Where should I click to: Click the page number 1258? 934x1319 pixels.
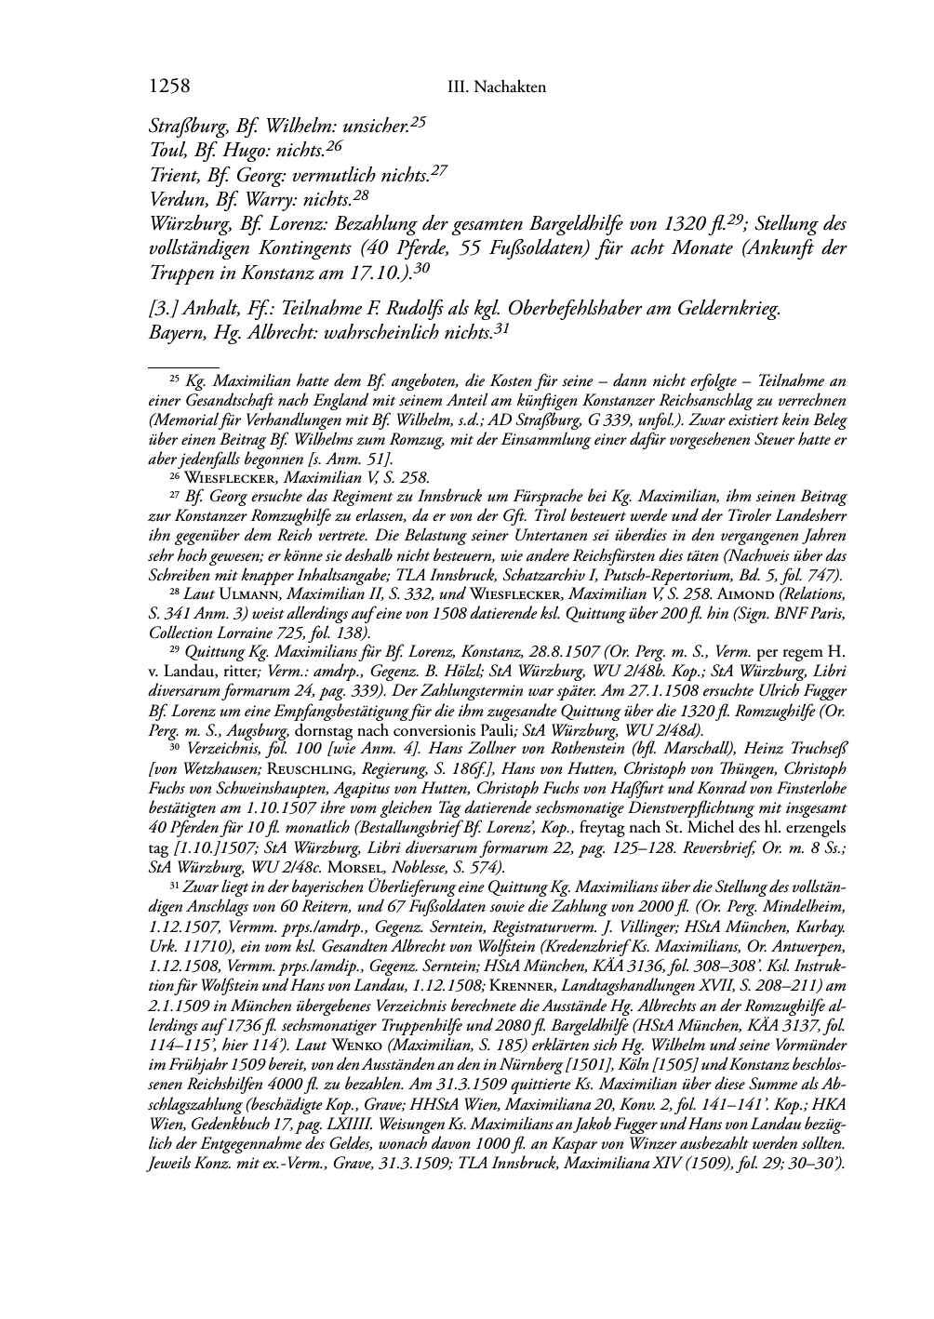tap(169, 87)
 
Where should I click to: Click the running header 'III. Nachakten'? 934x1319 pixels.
tap(496, 87)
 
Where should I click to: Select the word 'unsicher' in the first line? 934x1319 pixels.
tap(374, 126)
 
